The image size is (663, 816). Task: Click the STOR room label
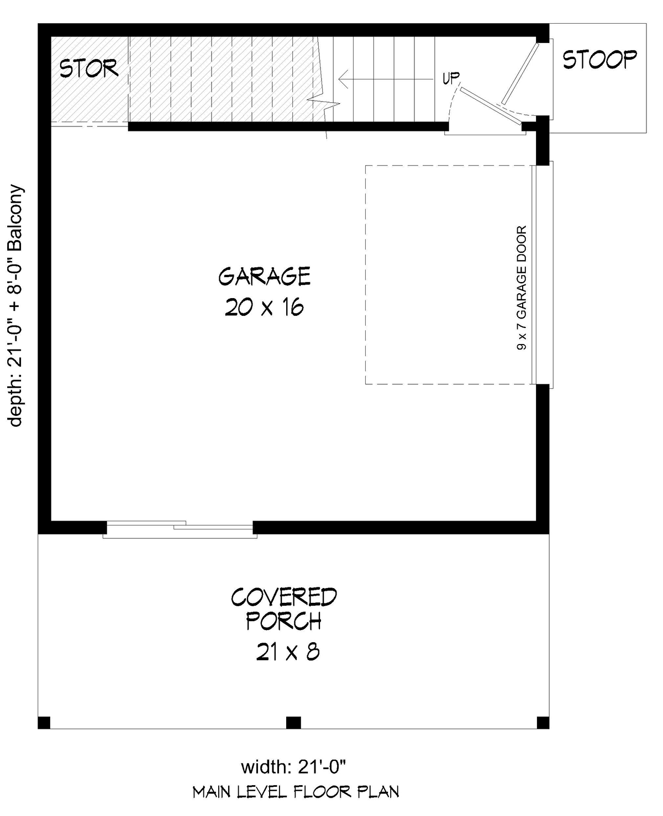(89, 68)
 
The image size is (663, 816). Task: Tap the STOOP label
(599, 60)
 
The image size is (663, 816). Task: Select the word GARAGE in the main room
(265, 276)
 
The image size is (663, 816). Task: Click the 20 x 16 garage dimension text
(265, 308)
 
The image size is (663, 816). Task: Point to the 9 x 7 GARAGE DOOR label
(522, 288)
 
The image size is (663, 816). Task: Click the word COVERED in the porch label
(284, 597)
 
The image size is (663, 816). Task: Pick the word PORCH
(283, 622)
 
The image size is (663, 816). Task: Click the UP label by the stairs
(451, 78)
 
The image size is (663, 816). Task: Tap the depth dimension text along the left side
(15, 306)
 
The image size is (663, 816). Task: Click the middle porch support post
(293, 723)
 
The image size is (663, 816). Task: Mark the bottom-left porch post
(44, 723)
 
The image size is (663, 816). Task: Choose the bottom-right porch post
(543, 723)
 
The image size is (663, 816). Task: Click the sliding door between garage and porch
(180, 529)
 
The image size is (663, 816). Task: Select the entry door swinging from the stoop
(520, 73)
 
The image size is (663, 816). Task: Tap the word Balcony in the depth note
(15, 217)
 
